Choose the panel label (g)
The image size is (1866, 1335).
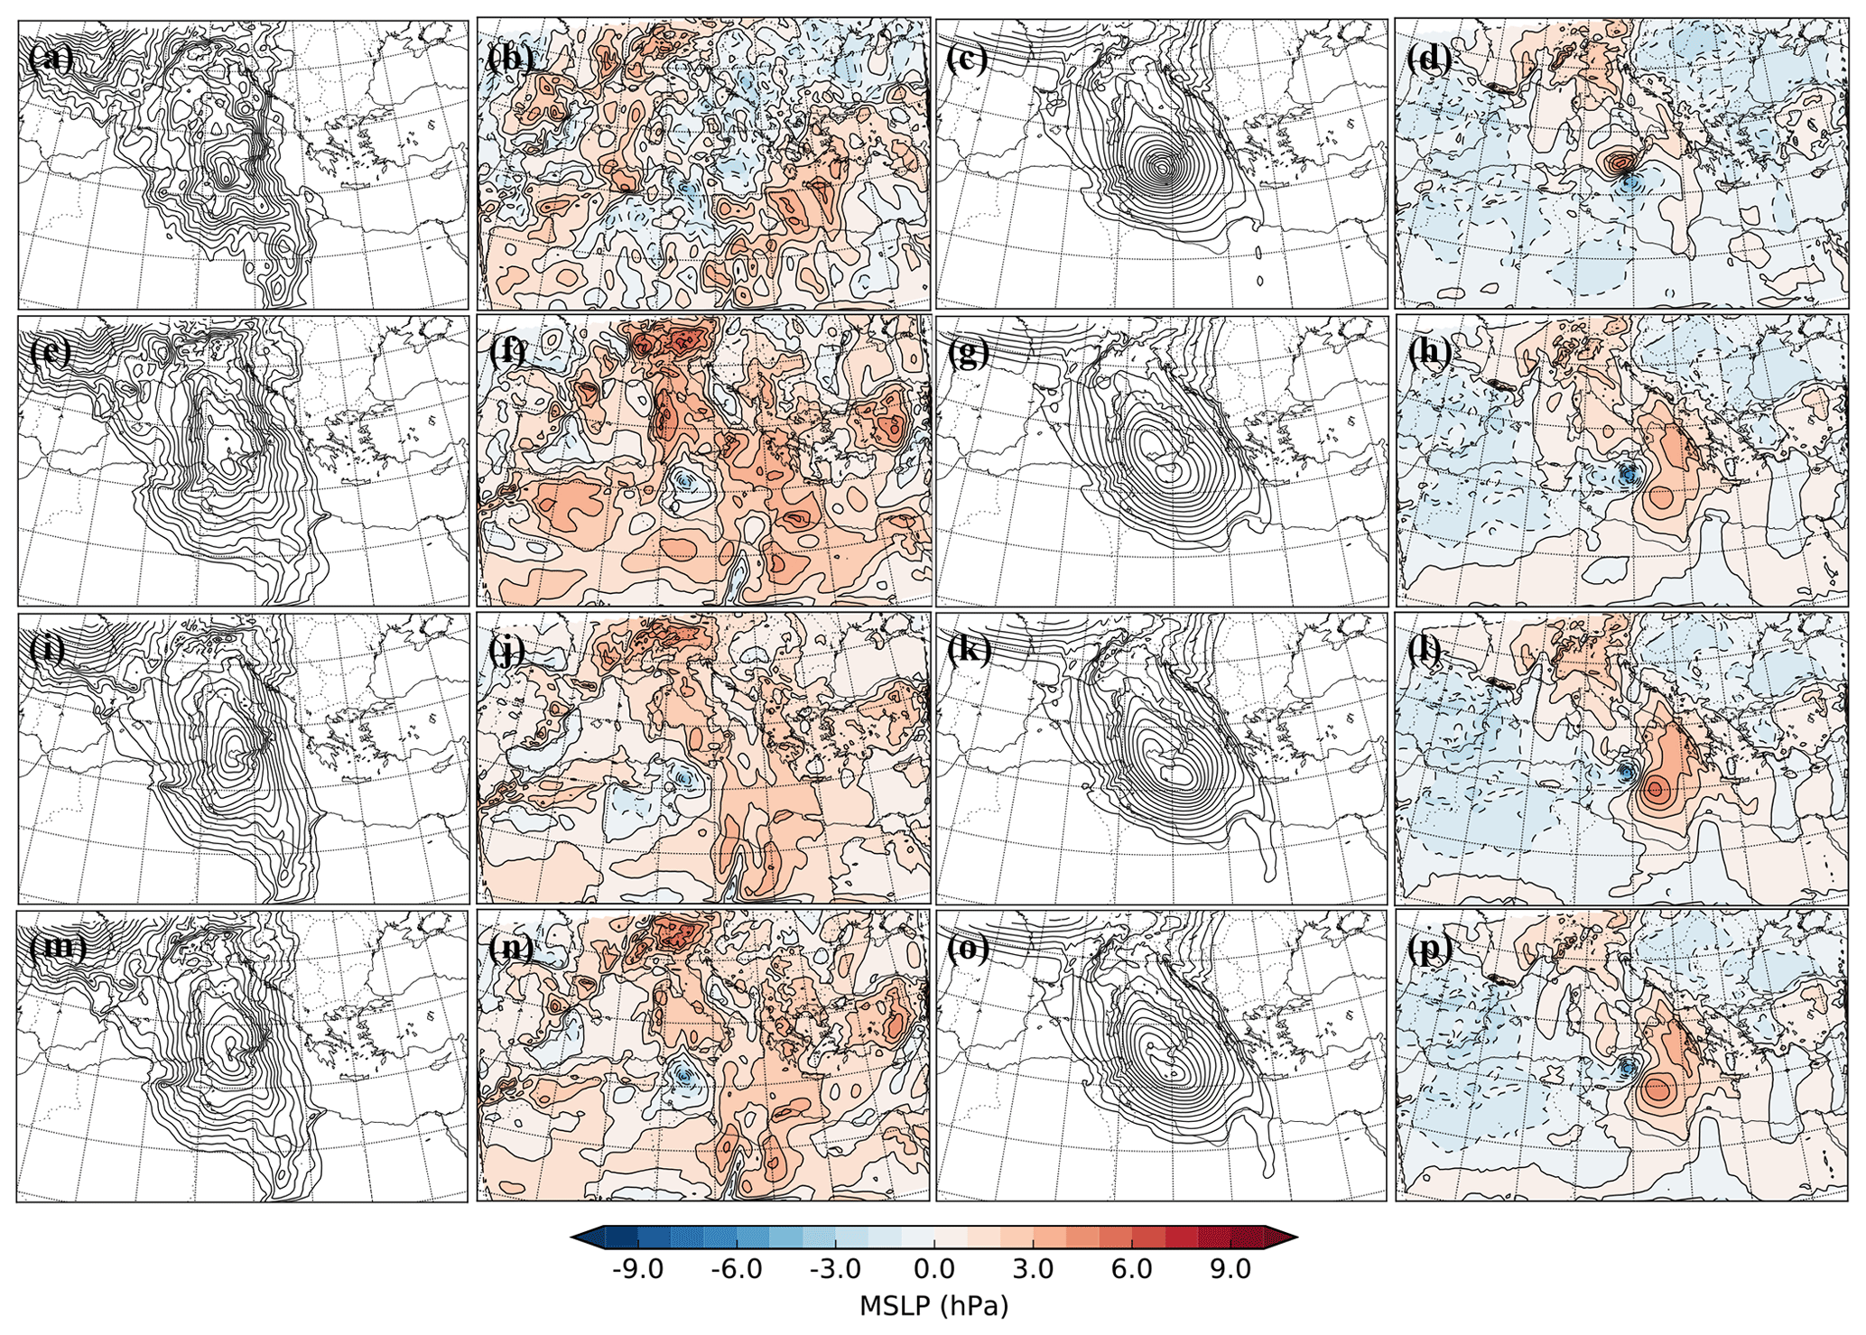[968, 353]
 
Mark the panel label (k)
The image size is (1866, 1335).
[969, 649]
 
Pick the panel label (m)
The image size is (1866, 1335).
[58, 947]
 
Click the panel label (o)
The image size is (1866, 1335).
[969, 948]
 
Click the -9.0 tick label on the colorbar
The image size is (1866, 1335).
[637, 1270]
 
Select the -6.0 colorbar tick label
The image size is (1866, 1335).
[737, 1270]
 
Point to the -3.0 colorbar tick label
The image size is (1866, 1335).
[835, 1270]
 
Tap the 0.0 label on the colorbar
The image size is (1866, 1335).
[934, 1270]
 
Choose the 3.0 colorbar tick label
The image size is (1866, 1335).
[1033, 1270]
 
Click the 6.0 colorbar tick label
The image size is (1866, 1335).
[1132, 1270]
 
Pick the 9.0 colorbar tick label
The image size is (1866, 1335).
[1230, 1270]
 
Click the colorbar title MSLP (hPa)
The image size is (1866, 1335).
[933, 1306]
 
